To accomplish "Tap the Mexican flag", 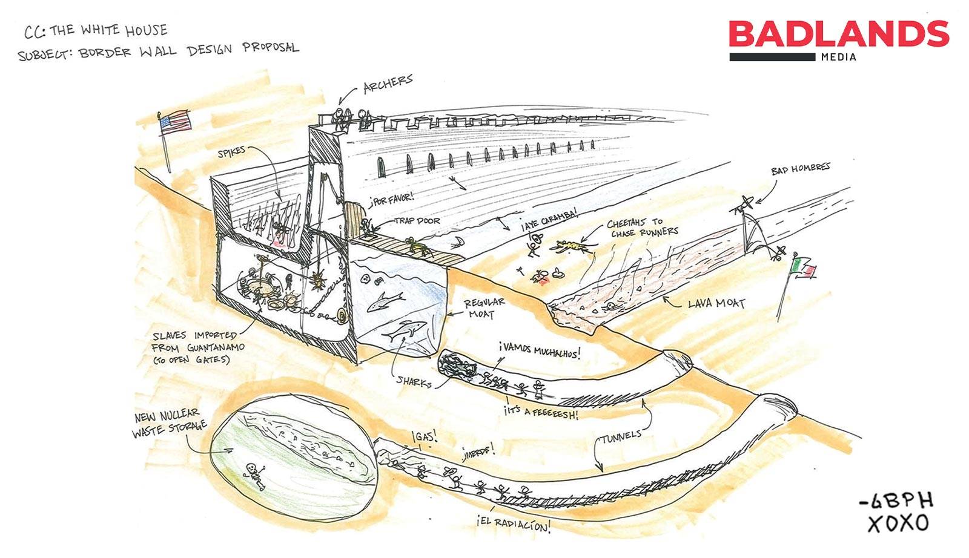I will tap(804, 267).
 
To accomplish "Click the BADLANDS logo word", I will tap(839, 34).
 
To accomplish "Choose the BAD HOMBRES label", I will tap(800, 168).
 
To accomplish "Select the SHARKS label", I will tap(414, 381).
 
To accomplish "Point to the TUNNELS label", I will tap(621, 436).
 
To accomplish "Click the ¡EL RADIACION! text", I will tap(514, 524).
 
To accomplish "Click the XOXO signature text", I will tap(898, 523).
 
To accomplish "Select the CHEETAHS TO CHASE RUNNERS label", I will tap(642, 228).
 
